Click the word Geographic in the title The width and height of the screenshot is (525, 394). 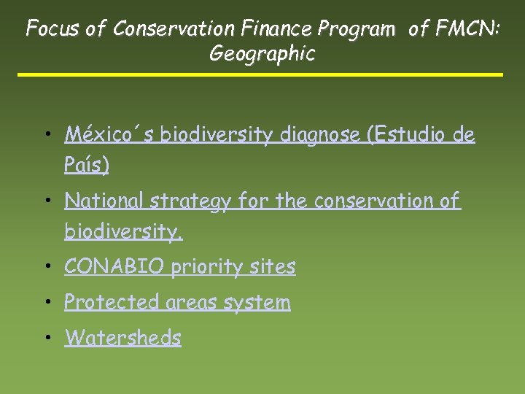262,54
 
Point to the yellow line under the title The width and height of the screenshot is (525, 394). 260,74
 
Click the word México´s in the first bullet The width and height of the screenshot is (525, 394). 109,135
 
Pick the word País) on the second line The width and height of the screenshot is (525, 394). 87,166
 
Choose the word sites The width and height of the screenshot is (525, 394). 273,267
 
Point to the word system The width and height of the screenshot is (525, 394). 257,303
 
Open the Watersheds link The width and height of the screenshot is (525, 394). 122,338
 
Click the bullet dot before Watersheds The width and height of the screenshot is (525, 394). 47,339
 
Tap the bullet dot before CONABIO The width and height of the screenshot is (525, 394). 47,268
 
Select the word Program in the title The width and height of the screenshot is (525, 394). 357,28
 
